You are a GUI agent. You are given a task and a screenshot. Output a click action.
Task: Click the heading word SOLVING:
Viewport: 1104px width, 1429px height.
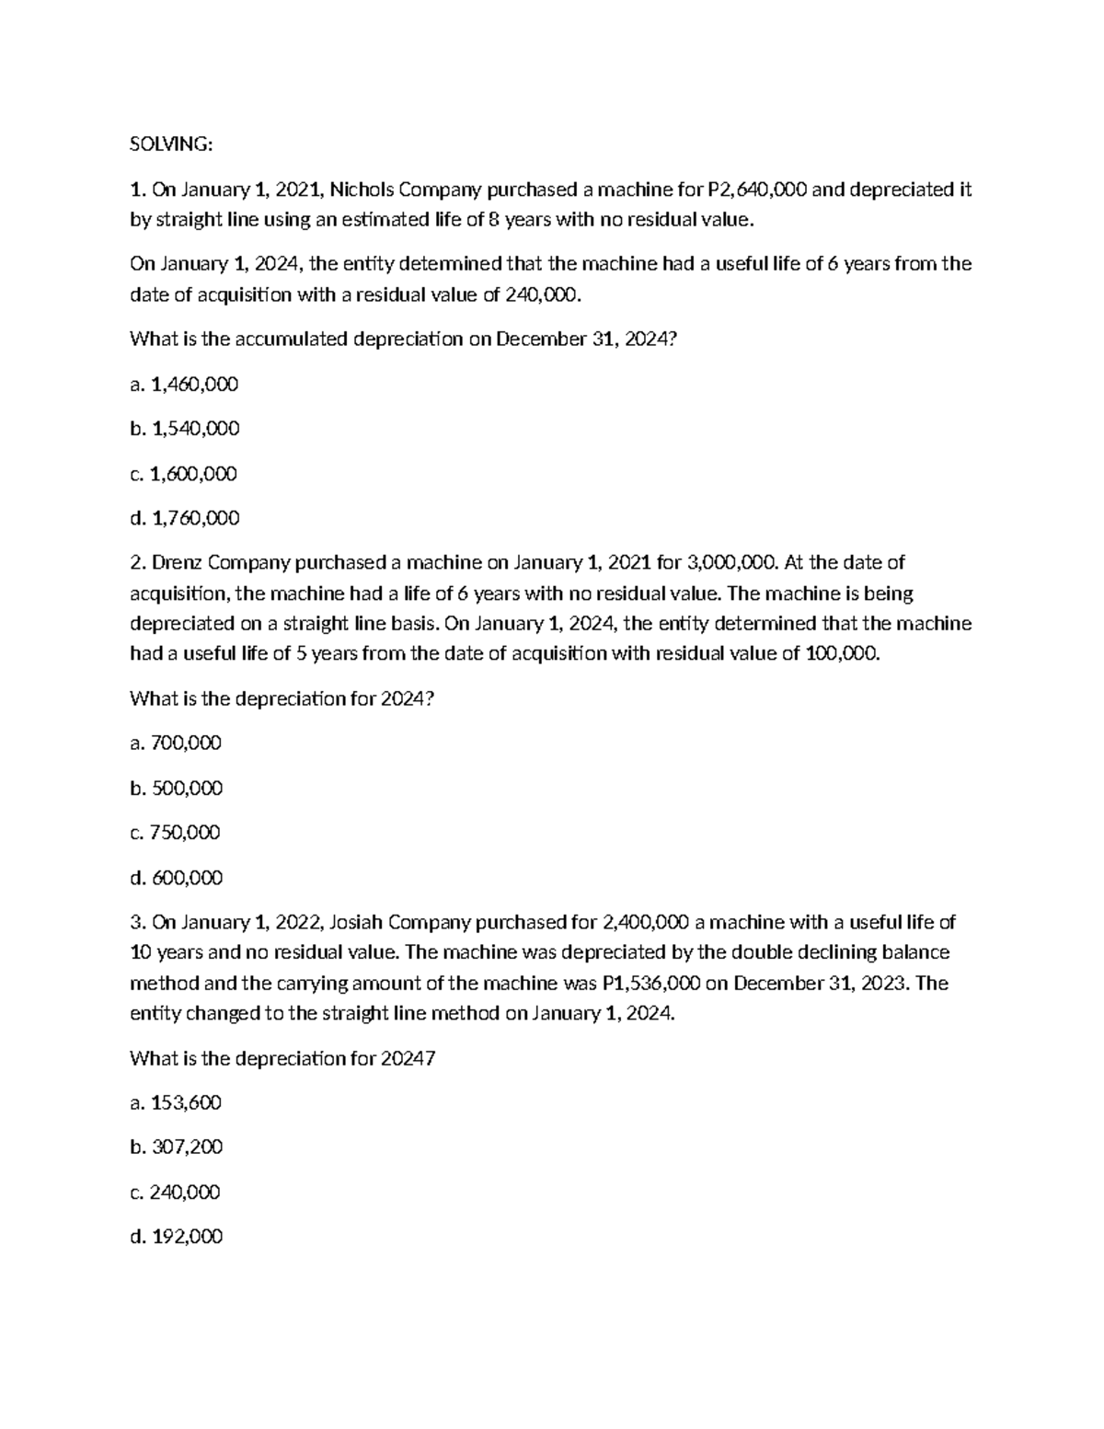point(171,144)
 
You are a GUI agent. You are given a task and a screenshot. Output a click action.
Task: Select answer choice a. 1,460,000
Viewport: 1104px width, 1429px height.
point(184,384)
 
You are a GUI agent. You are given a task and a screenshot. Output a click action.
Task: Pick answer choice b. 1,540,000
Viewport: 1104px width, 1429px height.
point(185,429)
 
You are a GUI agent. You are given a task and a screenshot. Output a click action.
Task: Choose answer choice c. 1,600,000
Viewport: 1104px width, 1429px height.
point(184,474)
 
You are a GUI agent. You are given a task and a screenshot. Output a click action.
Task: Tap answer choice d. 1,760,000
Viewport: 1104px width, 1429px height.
point(185,518)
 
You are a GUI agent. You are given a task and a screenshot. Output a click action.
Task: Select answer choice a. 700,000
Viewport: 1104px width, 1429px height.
point(176,743)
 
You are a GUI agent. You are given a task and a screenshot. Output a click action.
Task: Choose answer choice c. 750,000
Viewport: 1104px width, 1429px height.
point(176,833)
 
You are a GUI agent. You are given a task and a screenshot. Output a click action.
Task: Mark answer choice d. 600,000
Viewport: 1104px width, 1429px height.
point(177,878)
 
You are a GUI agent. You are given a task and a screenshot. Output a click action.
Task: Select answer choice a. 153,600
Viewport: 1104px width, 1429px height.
point(176,1102)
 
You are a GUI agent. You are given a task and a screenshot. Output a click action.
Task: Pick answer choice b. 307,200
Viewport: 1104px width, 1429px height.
point(177,1147)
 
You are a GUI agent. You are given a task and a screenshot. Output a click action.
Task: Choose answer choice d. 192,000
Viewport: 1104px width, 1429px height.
point(177,1237)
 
